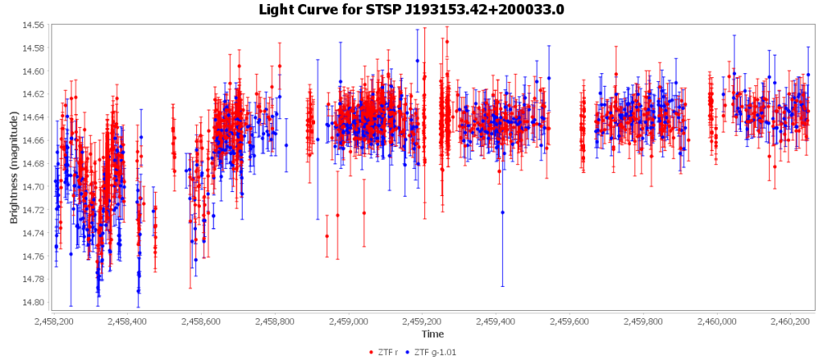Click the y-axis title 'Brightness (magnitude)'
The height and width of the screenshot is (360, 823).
click(x=14, y=167)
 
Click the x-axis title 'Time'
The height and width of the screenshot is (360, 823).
click(x=432, y=333)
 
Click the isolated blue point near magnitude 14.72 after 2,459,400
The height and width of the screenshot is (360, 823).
click(x=502, y=212)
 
